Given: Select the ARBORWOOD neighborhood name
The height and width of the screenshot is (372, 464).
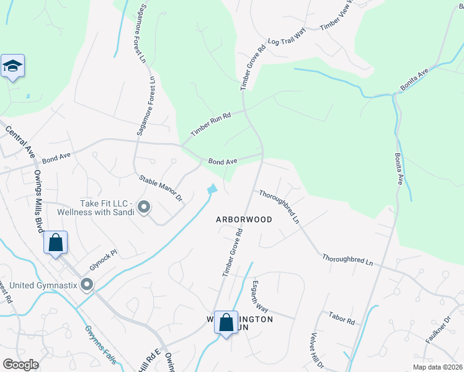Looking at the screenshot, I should pyautogui.click(x=244, y=219).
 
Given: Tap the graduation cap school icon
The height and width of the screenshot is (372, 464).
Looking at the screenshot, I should pyautogui.click(x=12, y=66).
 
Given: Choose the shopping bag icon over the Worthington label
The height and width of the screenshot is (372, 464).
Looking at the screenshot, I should pyautogui.click(x=226, y=322).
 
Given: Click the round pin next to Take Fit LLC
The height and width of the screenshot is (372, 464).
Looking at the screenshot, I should pyautogui.click(x=144, y=207).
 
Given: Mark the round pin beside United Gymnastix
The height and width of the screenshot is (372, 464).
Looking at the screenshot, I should pyautogui.click(x=87, y=285).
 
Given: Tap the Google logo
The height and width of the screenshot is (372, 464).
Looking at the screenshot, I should pyautogui.click(x=20, y=365).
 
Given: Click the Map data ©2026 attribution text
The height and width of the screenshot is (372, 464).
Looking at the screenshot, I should pyautogui.click(x=438, y=367).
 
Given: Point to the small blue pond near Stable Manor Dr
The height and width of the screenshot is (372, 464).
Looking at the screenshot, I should pyautogui.click(x=213, y=188).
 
